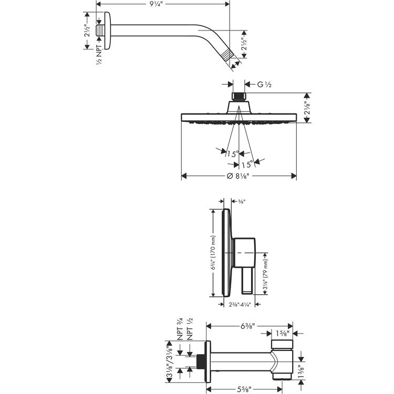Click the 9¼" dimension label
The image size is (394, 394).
point(157,4)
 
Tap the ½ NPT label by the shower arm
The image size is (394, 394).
point(99,55)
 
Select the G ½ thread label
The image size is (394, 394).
point(264,85)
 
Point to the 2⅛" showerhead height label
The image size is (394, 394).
point(307,108)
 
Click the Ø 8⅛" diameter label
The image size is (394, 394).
point(237,176)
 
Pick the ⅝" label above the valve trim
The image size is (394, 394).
point(242,201)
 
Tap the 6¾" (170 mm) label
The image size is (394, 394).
point(213,253)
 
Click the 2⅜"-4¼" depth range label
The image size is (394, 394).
point(240,305)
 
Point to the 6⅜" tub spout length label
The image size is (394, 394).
point(248,326)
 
